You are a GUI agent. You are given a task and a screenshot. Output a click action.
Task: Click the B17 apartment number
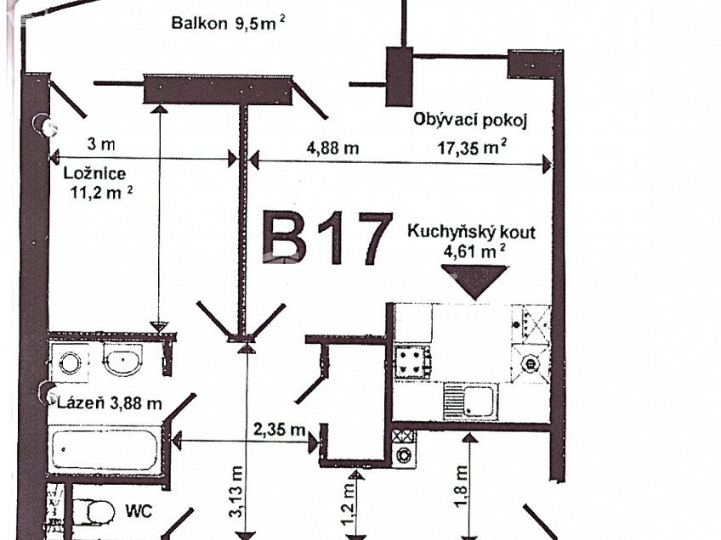pos(326,240)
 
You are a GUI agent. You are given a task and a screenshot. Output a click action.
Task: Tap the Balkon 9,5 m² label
pos(228,23)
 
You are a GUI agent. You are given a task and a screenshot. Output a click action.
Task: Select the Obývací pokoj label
pos(470,121)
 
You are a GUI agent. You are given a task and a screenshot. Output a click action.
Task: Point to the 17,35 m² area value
pos(472,147)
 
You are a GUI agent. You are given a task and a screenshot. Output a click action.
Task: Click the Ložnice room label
pos(95,173)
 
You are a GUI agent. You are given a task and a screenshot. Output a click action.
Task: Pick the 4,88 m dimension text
pos(332,147)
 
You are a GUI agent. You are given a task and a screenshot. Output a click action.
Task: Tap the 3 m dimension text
pos(100,144)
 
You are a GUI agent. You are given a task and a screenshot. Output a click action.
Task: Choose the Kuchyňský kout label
pos(471,231)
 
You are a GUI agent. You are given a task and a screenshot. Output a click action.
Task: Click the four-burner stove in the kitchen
pos(412,362)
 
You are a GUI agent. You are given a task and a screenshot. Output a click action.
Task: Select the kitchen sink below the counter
pos(470,401)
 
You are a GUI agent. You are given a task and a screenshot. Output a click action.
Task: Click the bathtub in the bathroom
pos(105,450)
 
